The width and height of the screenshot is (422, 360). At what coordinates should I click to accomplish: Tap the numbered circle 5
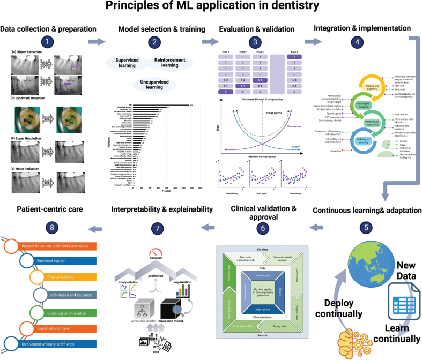coord(366,226)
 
